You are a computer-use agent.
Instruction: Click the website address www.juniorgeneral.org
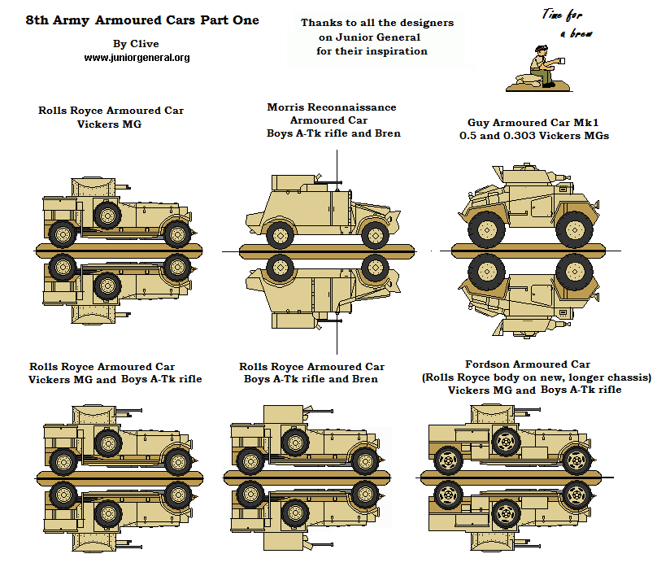pyautogui.click(x=137, y=58)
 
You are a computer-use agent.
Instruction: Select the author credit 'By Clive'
pyautogui.click(x=137, y=44)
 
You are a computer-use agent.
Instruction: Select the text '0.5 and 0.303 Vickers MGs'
pyautogui.click(x=533, y=135)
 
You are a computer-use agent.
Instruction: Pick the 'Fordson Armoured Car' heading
pyautogui.click(x=527, y=364)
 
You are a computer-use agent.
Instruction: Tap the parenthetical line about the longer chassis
pyautogui.click(x=536, y=377)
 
